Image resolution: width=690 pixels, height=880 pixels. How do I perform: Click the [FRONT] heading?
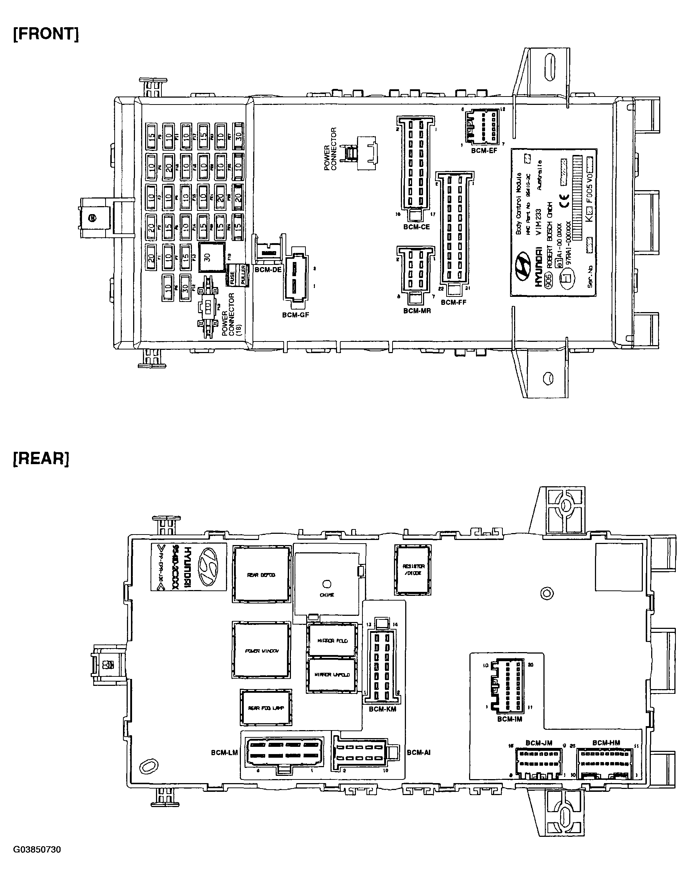[46, 34]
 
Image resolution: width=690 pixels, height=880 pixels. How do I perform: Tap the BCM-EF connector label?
[484, 151]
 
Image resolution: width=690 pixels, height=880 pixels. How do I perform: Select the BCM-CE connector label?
[416, 227]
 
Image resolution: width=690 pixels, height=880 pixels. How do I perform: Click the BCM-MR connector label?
[417, 311]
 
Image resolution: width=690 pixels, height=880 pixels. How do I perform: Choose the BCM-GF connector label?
[295, 315]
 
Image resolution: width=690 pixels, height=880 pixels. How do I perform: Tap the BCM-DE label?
[268, 270]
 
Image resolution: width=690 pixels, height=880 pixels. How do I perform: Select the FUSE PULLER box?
[238, 275]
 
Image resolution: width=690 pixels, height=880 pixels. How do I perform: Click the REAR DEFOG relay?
[261, 574]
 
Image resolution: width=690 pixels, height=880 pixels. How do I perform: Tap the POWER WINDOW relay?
[261, 651]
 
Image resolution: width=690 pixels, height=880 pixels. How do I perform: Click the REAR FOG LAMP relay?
[266, 708]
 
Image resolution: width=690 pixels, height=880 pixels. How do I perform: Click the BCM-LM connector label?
[224, 752]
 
